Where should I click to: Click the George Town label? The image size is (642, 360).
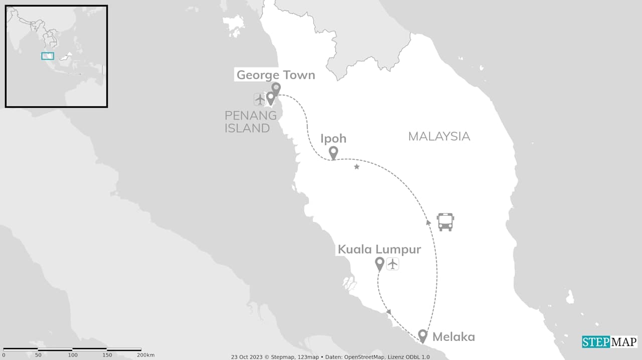pos(275,75)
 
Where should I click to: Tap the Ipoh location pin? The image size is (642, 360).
pos(333,152)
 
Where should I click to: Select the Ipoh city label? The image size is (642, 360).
pos(333,138)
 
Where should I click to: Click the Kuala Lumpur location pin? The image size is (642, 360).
pos(380,263)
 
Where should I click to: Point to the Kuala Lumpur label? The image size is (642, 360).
pos(379,249)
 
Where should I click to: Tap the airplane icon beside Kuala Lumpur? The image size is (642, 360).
pos(393,263)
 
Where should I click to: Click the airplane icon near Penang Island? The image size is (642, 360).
pos(259,99)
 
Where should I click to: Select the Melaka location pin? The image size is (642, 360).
pos(422,335)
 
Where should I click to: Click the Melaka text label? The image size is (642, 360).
pos(453,337)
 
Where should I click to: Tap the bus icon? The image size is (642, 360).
pos(445,222)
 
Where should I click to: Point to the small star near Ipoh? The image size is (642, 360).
pos(357,166)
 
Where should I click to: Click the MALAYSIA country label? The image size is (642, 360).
pos(439,136)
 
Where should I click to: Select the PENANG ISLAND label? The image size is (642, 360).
pos(250,122)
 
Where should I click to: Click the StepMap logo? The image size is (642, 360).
pos(609,342)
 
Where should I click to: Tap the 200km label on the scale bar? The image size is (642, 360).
pos(145,355)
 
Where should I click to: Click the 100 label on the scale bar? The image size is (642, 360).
pos(73,355)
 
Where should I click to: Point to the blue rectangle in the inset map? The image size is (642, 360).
pos(48,56)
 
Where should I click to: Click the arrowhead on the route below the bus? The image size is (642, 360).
pos(428,222)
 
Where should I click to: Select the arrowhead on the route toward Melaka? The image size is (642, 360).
pos(388,312)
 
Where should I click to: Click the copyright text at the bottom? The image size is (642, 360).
pos(330,357)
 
